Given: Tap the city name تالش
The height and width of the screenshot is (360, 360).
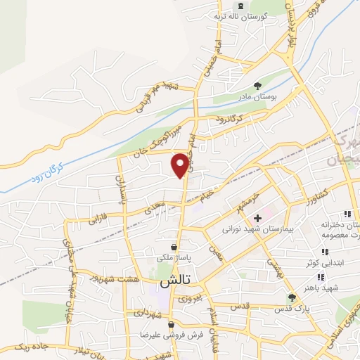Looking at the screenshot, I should (176, 283).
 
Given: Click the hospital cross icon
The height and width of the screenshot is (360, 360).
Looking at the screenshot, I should (258, 219).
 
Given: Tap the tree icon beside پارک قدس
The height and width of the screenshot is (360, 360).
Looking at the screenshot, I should (291, 298).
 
